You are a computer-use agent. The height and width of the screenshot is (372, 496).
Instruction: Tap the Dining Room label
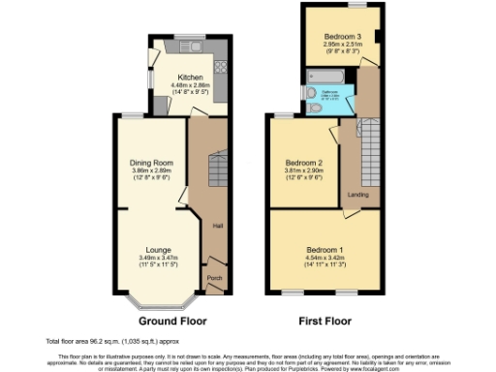click(x=150, y=162)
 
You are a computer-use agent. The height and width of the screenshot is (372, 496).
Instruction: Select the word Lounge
click(x=158, y=250)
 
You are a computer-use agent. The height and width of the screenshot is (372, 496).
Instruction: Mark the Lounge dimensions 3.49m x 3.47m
click(x=158, y=260)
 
